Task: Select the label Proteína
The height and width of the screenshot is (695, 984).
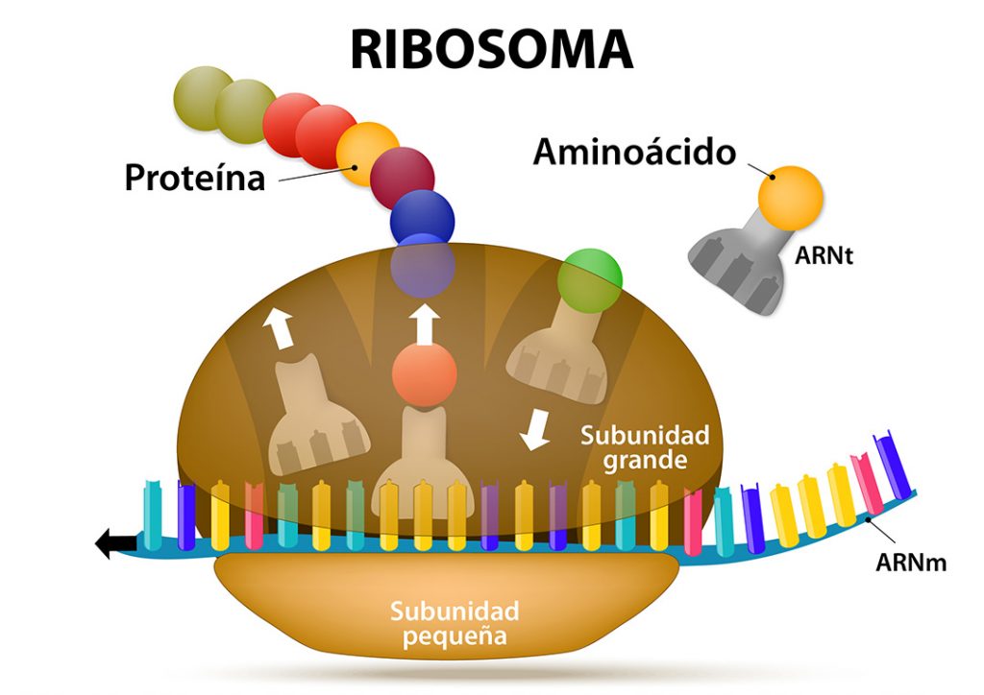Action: tap(194, 178)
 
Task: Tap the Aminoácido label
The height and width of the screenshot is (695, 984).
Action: tap(634, 152)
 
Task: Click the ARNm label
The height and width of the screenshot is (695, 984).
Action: tap(910, 563)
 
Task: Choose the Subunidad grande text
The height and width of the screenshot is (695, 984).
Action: tap(644, 447)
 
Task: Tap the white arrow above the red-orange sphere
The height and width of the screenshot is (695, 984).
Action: tap(424, 325)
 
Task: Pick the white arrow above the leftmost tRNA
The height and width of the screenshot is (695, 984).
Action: tap(280, 328)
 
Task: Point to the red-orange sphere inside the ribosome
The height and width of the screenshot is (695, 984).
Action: tap(424, 374)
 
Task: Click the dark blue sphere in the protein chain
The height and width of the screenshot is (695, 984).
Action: tap(422, 217)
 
